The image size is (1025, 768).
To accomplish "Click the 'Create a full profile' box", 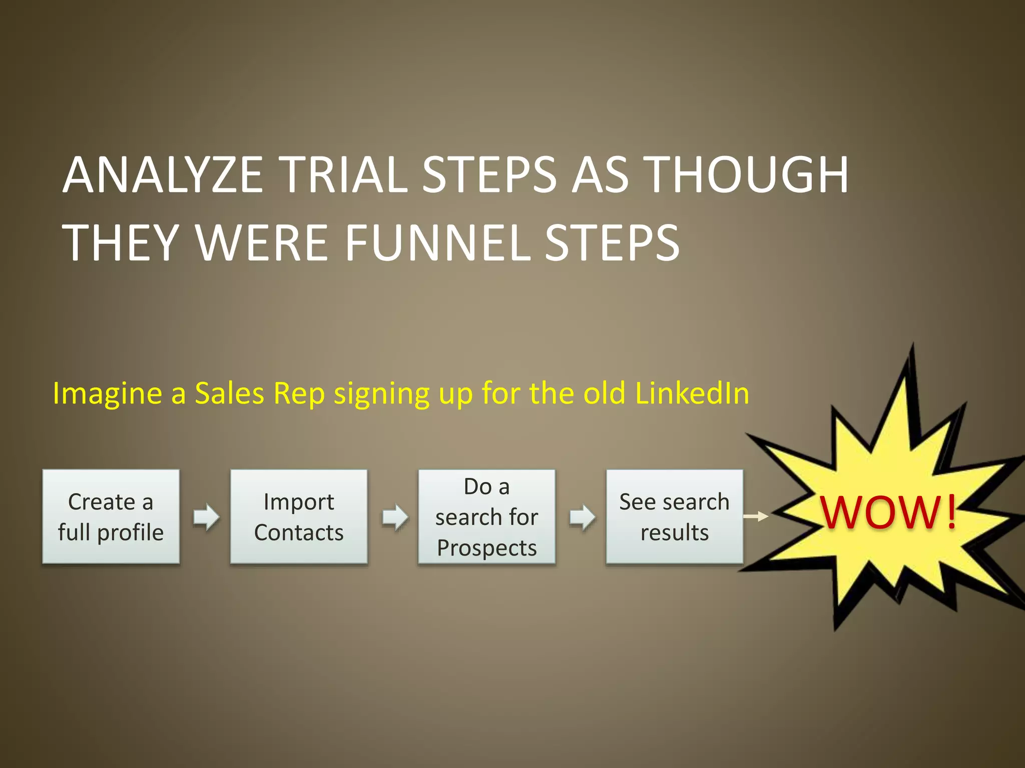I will [111, 516].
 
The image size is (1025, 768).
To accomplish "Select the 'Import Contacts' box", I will [299, 516].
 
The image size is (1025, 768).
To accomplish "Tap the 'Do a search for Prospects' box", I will [486, 516].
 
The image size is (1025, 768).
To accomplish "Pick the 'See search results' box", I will [674, 516].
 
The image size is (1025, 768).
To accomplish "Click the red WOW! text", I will [888, 513].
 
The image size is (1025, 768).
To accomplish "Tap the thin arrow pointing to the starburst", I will [756, 516].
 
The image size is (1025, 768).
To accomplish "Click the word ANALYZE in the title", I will [163, 174].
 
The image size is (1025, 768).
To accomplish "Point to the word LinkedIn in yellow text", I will [692, 393].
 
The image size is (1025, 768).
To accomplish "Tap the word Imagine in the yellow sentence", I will [107, 394].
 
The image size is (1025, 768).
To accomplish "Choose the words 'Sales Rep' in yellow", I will [260, 393].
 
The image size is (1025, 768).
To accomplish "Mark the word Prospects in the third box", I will [486, 548].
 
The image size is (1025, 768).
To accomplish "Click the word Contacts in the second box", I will [299, 532].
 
